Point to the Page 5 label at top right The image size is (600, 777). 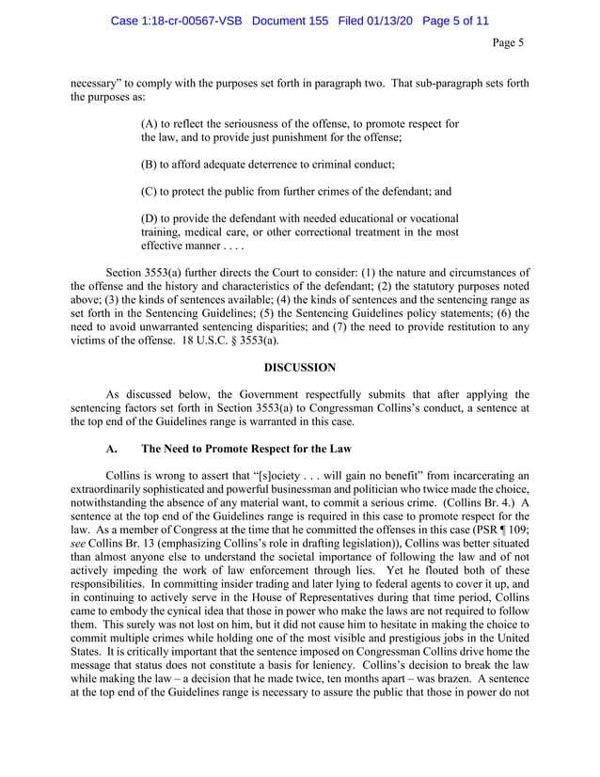coord(508,42)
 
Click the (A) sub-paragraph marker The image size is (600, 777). coord(149,124)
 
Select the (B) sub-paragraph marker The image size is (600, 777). coord(149,164)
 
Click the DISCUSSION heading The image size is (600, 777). coord(299,366)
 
